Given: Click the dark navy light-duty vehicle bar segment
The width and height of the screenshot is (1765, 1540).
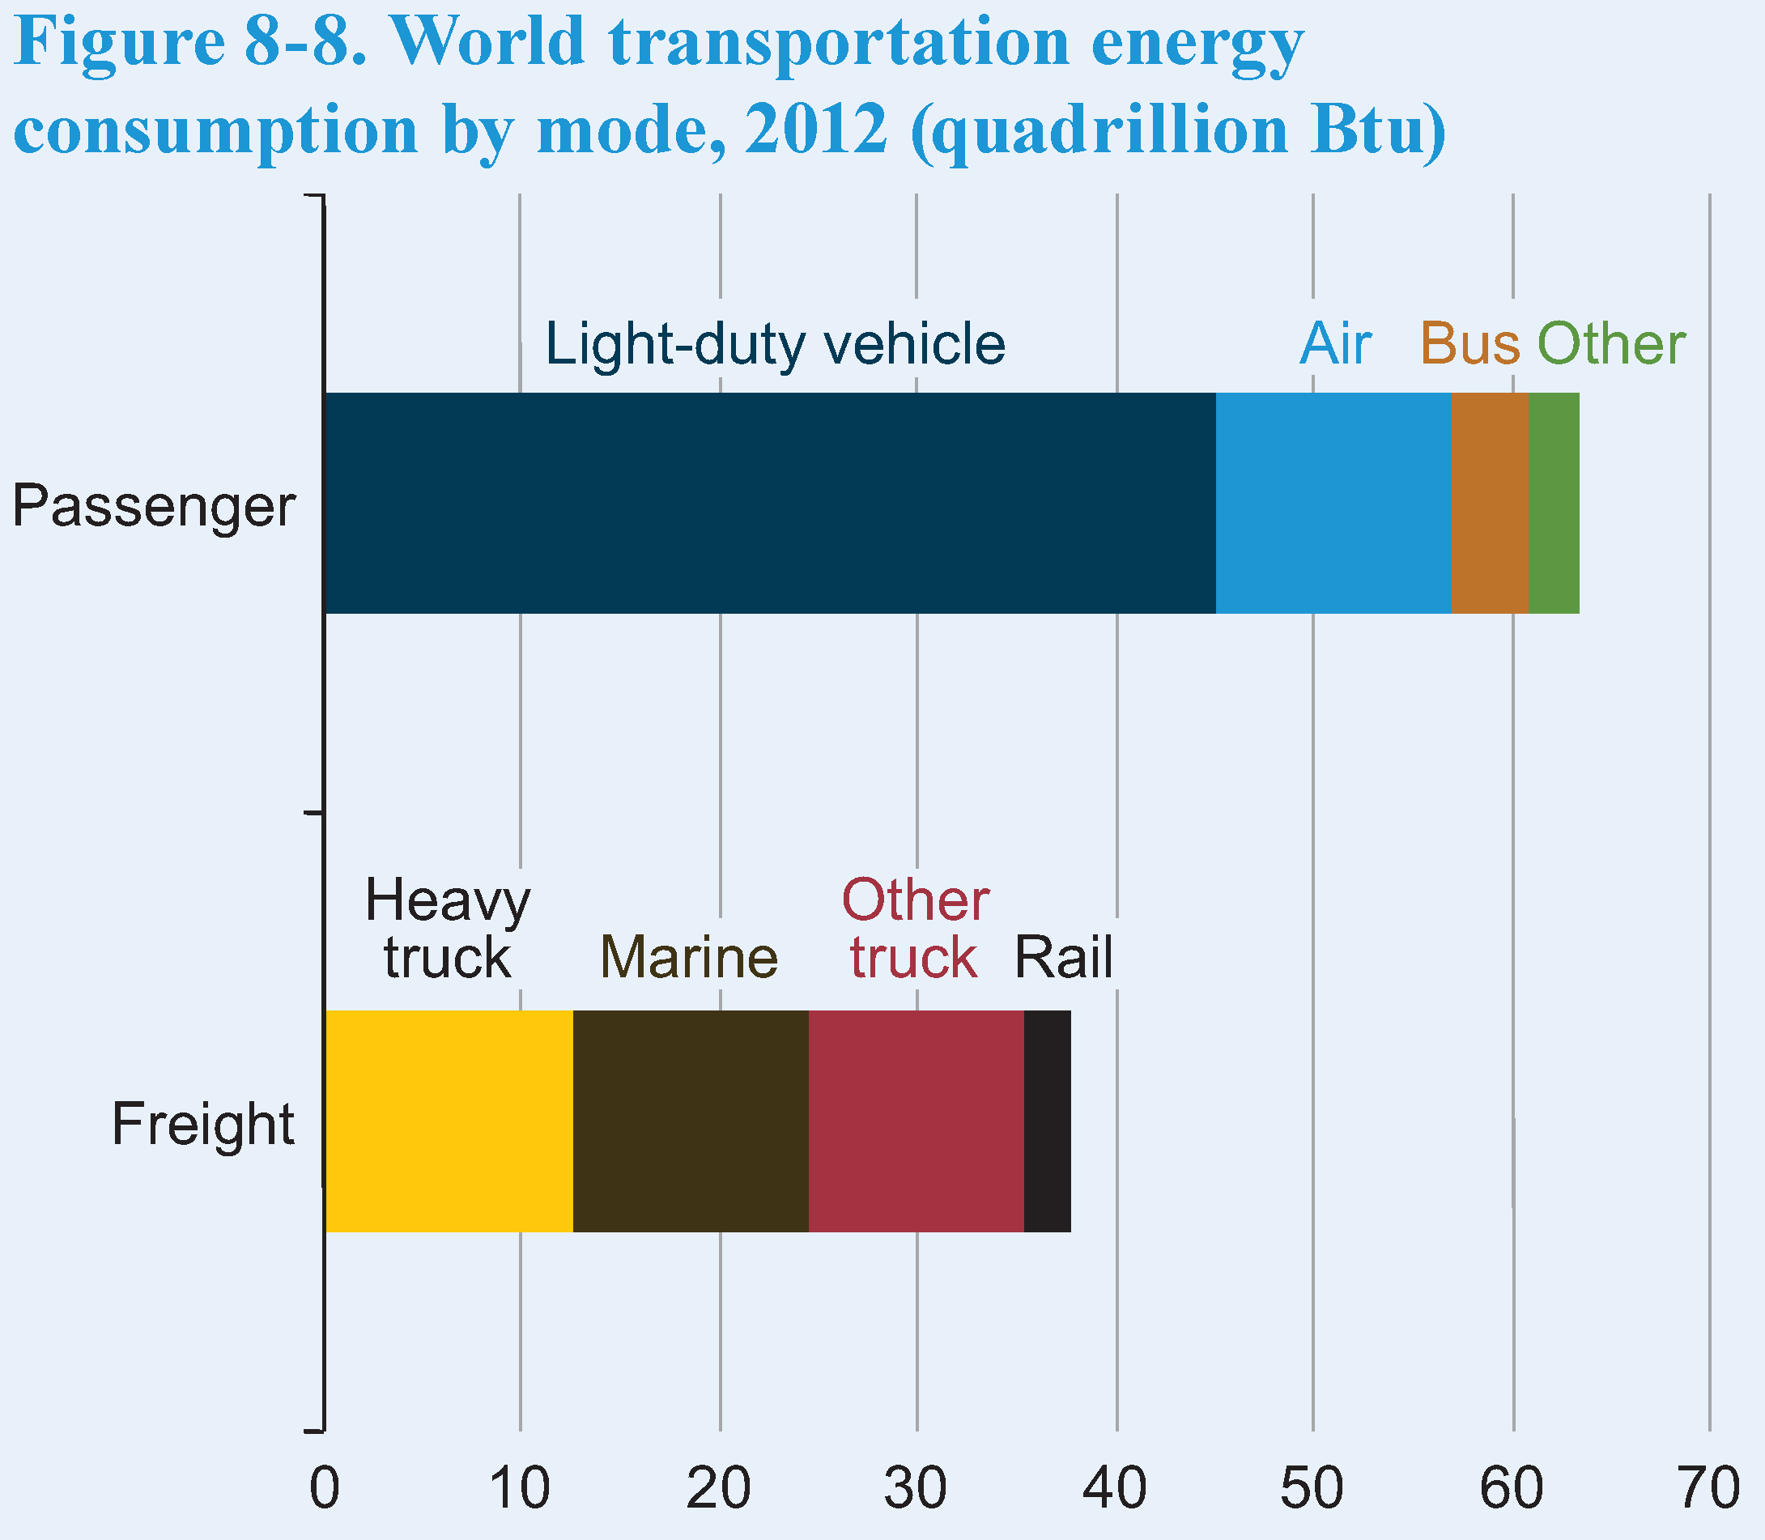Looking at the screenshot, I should tap(770, 503).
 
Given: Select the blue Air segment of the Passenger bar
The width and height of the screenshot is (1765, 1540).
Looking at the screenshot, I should tap(1333, 503).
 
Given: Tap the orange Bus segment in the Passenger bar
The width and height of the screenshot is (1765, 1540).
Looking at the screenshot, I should tap(1489, 503).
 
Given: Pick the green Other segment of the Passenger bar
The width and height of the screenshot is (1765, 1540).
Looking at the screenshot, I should tap(1554, 503).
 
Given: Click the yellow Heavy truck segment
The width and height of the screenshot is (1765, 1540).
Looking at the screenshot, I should tap(449, 1121).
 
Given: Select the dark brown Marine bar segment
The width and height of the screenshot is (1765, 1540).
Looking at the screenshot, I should tap(690, 1121).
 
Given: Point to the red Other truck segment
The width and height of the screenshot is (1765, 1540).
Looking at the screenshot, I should tap(916, 1121).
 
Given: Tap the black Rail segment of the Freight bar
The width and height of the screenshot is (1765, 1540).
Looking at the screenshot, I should tap(1048, 1121).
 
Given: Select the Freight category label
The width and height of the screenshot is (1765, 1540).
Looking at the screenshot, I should tap(202, 1124).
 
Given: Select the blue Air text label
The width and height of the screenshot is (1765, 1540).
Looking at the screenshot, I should tap(1334, 344).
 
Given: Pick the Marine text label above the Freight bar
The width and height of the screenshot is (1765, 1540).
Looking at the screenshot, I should tap(688, 957).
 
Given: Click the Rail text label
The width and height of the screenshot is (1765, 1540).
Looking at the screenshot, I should tap(1063, 957).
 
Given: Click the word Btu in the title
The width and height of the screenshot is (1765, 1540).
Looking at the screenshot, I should tap(1376, 130).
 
